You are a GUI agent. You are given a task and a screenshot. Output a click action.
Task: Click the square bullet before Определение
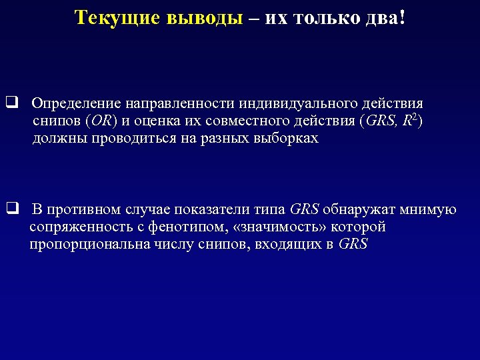[x=11, y=103]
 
